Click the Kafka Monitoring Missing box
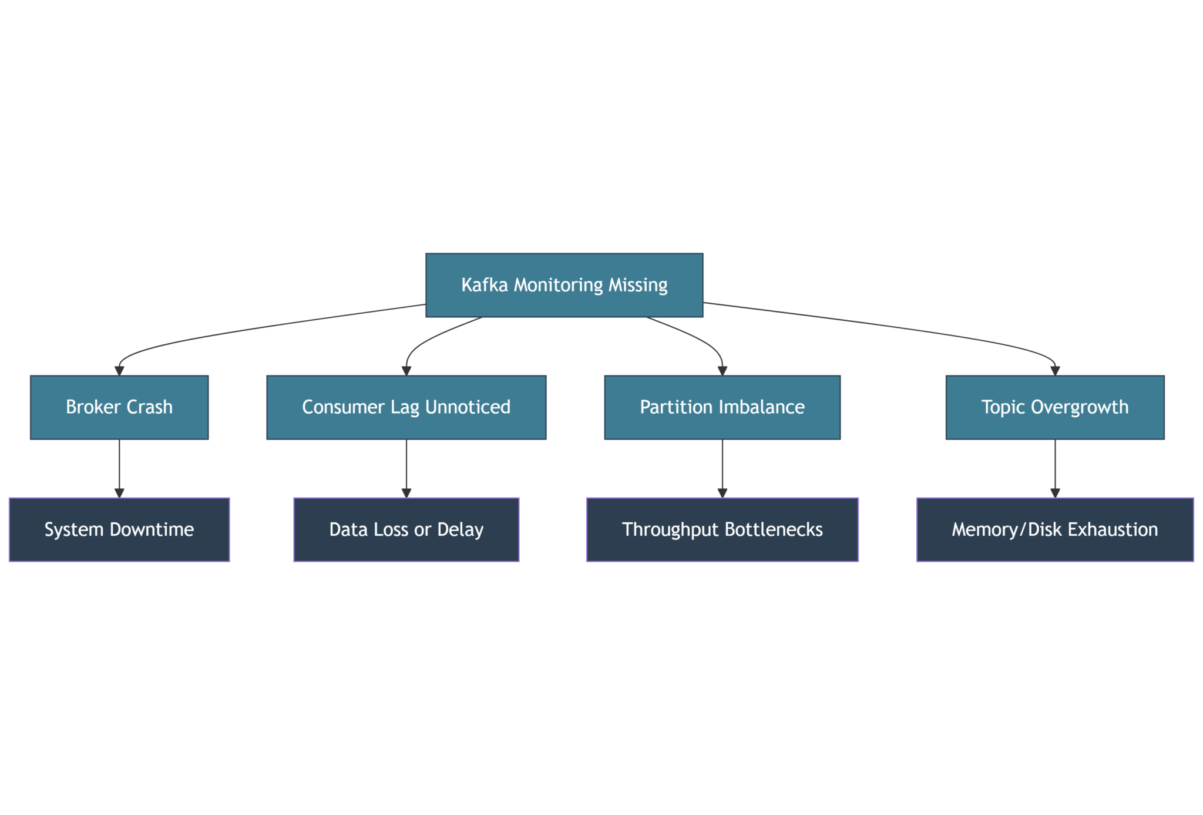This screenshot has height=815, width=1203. [564, 285]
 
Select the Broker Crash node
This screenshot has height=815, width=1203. [119, 407]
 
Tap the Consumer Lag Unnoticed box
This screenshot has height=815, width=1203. [406, 407]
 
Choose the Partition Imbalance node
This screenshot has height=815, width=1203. [722, 407]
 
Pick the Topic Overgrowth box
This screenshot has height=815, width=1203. [1054, 407]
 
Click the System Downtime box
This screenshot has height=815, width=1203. [119, 529]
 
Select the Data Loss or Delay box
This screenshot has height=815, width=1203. [406, 529]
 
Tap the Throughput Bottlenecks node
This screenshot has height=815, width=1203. [722, 529]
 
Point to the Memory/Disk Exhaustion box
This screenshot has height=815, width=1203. [1054, 529]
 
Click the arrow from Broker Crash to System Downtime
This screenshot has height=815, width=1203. [119, 467]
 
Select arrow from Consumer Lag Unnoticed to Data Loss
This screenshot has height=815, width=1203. [406, 467]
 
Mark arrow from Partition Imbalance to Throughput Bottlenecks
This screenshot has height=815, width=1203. [722, 467]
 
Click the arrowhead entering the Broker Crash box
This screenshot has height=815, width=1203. [119, 371]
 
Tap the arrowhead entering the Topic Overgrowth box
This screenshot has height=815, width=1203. [1054, 371]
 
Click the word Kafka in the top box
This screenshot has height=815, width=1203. [484, 285]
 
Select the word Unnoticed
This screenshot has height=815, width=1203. [468, 407]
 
